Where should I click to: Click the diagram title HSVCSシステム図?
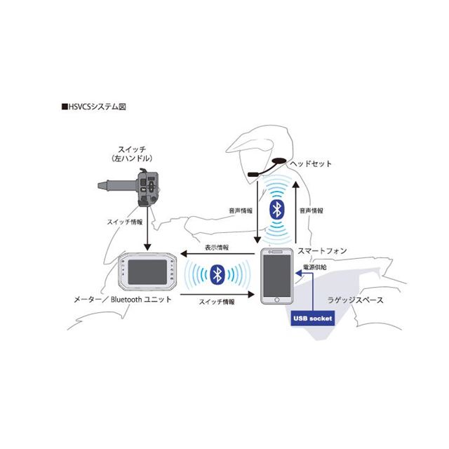(x=94, y=107)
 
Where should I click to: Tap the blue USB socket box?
(x=313, y=318)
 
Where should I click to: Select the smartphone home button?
(x=277, y=300)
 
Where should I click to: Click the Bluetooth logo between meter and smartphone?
(x=217, y=274)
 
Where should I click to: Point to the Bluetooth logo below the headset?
(x=277, y=210)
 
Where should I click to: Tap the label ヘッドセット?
(x=311, y=163)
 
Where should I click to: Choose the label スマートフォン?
(x=322, y=251)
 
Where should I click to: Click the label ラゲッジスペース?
(x=355, y=300)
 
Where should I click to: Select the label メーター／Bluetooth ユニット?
(x=123, y=300)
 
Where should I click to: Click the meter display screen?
(x=147, y=272)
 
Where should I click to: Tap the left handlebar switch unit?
(x=148, y=187)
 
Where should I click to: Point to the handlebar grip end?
(x=100, y=185)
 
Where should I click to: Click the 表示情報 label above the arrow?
(x=217, y=248)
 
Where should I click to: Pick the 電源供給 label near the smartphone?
(x=315, y=267)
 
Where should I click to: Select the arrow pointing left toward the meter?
(x=217, y=254)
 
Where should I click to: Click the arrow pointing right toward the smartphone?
(x=217, y=295)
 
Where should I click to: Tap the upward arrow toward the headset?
(x=296, y=212)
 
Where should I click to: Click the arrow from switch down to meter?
(x=147, y=229)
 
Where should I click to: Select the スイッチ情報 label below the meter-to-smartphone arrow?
(x=217, y=302)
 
